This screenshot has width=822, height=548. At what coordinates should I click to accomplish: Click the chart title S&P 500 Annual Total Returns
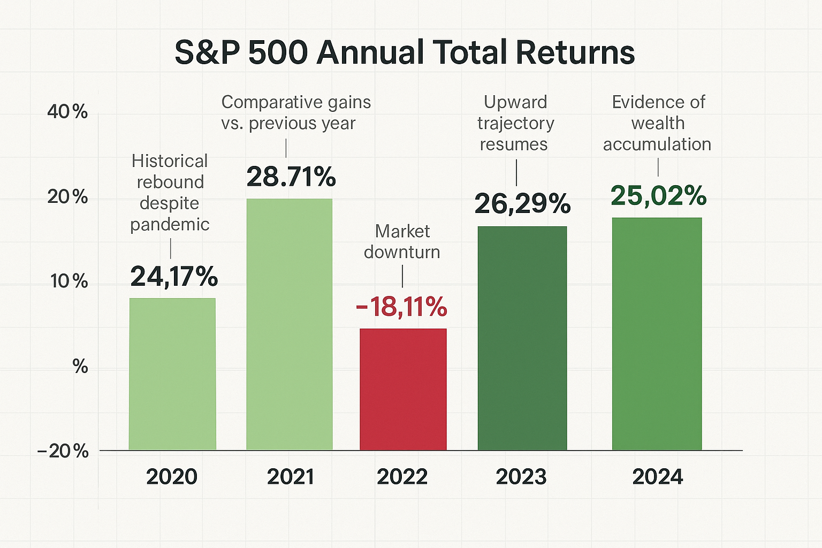tap(405, 52)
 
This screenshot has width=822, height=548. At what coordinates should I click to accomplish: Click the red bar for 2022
tap(403, 389)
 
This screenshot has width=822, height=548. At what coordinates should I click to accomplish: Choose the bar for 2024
tap(657, 334)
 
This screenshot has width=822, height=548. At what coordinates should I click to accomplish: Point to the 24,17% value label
tap(174, 277)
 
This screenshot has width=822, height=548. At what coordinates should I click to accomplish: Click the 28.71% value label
tap(291, 177)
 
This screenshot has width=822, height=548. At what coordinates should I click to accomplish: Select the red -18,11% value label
tap(401, 307)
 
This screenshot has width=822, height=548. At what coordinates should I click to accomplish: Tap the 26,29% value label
tap(522, 204)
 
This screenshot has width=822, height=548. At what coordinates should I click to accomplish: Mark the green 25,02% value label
tap(658, 196)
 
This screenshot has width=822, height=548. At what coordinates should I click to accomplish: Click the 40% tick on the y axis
tap(67, 112)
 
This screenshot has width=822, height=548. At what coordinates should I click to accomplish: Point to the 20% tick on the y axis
tap(67, 197)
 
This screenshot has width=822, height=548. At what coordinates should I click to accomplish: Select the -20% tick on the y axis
tap(63, 451)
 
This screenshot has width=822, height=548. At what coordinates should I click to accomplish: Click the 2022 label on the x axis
tap(402, 477)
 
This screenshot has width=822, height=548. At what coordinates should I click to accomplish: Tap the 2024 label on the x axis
tap(657, 477)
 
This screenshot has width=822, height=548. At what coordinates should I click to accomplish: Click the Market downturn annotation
tap(402, 241)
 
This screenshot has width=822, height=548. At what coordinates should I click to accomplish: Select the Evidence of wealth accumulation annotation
tap(657, 123)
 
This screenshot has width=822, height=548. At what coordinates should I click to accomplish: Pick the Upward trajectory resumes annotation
tap(515, 123)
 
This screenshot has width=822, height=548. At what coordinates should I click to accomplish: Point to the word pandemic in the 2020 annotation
tap(170, 224)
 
